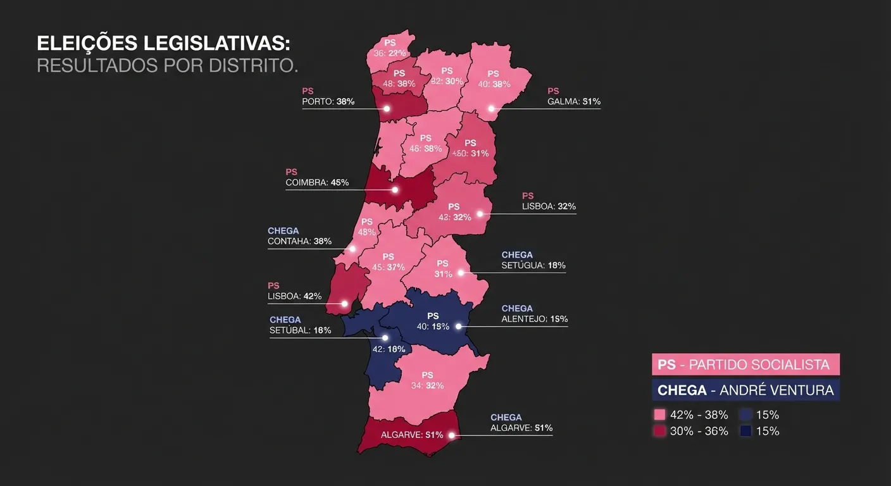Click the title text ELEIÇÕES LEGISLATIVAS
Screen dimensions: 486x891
pos(164,44)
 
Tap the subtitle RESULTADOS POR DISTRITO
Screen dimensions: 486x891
pos(167,65)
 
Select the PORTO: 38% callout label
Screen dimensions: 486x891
pos(328,101)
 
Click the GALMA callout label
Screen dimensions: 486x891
pos(573,101)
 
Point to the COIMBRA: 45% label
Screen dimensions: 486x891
pos(316,182)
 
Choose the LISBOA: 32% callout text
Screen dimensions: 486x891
pos(549,206)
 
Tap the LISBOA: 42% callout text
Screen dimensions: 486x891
pos(294,296)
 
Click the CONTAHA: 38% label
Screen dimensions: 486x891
pos(299,241)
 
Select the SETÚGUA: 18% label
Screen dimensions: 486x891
pos(533,265)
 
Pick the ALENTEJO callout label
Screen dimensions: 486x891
pos(534,319)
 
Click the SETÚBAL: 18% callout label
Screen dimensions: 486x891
pos(300,330)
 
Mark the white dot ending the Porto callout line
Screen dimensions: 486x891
pos(387,109)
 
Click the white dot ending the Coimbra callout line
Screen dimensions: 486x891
pos(396,190)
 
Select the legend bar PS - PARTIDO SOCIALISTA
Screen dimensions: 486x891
pos(745,364)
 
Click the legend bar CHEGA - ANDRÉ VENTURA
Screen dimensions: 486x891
pos(745,390)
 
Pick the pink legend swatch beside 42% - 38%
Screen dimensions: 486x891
pos(659,415)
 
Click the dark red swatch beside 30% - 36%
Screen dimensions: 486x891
pos(659,431)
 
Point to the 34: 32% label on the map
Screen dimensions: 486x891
pos(427,385)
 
